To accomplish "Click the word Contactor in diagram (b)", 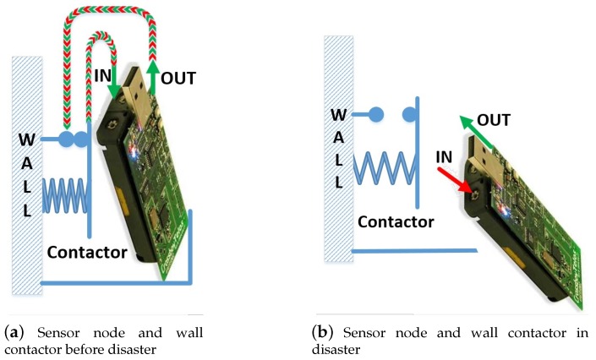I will click(x=396, y=221).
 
